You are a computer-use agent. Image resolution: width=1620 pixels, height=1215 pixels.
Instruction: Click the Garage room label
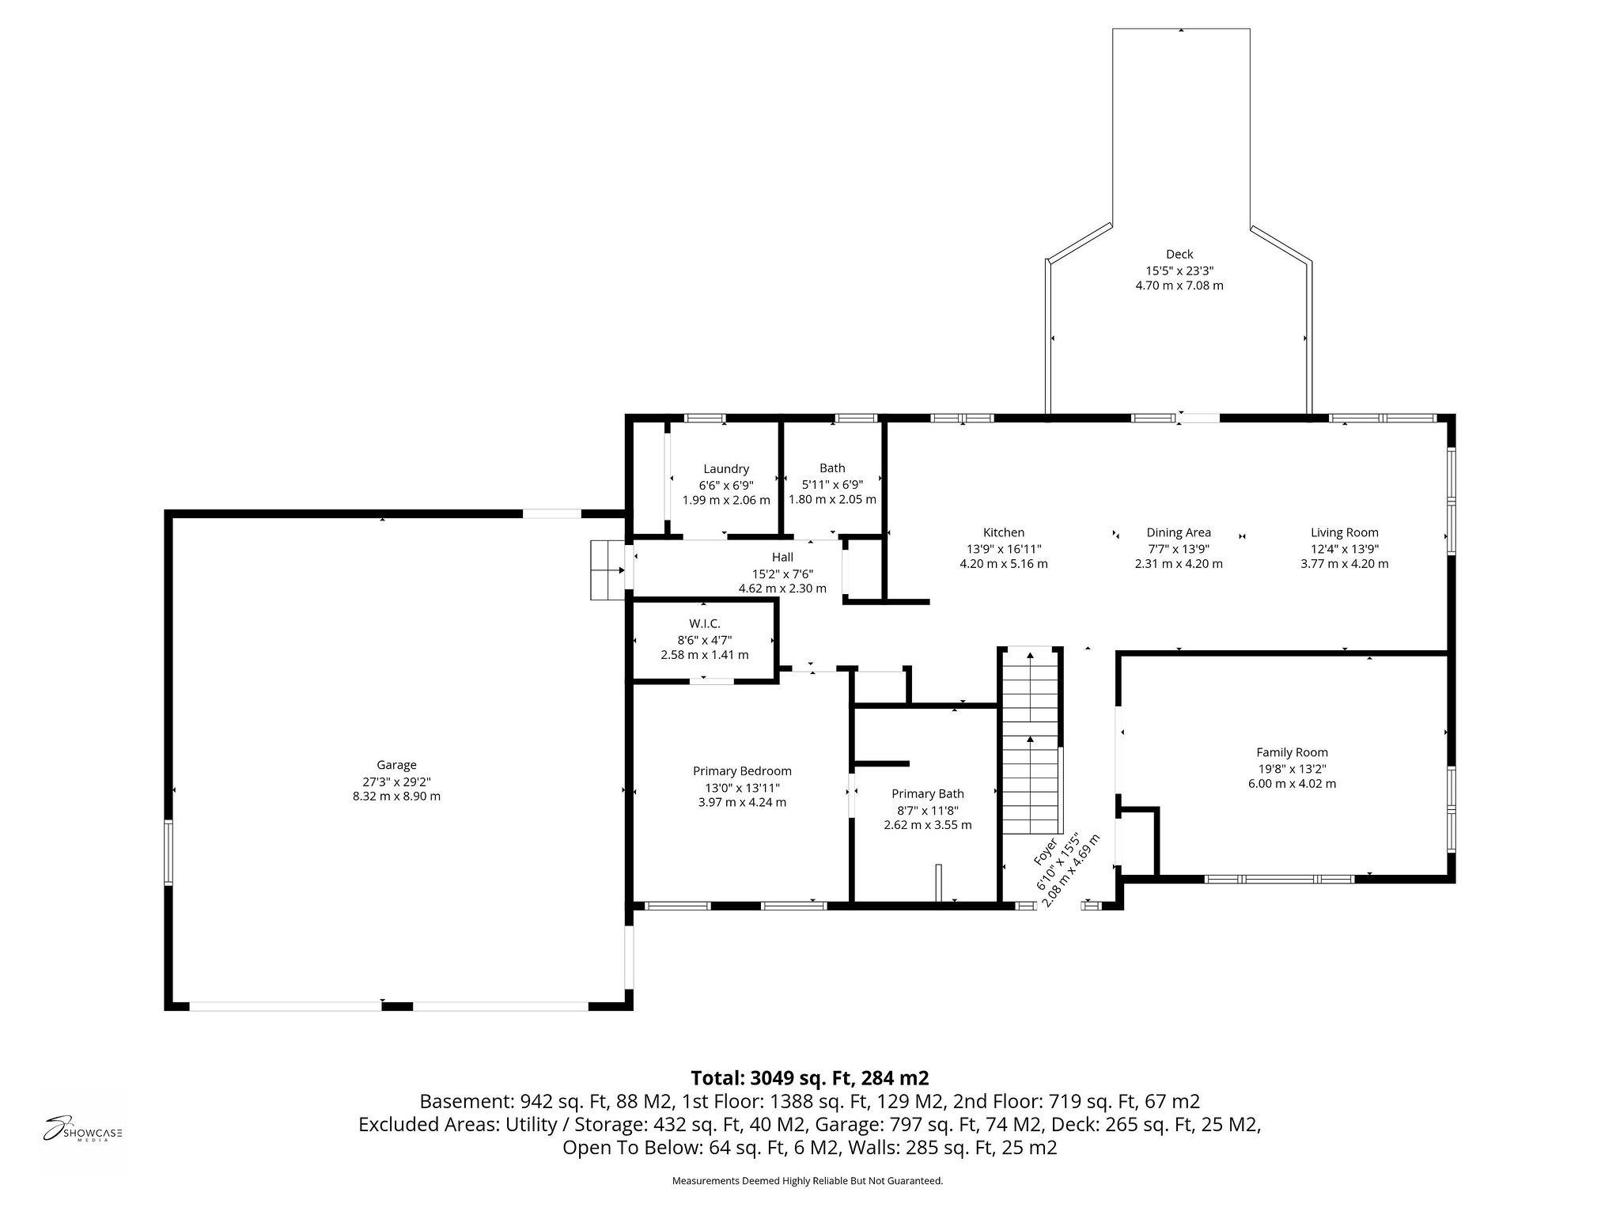(x=396, y=765)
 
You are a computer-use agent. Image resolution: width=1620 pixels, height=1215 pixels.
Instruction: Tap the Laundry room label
(x=726, y=469)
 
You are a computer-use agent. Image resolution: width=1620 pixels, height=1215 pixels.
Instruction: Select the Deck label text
(x=1179, y=254)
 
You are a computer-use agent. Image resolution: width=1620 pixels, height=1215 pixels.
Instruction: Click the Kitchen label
(x=1004, y=532)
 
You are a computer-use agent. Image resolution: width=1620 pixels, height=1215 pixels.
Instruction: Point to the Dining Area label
(x=1179, y=532)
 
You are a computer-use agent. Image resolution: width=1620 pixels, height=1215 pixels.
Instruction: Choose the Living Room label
(x=1345, y=532)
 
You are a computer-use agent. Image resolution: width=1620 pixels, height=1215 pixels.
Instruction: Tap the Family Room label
(x=1293, y=752)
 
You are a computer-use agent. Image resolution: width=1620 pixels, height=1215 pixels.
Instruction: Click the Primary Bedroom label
(x=742, y=771)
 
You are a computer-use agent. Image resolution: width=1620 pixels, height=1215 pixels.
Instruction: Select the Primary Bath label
(x=928, y=793)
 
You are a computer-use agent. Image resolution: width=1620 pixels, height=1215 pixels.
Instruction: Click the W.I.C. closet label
(x=705, y=624)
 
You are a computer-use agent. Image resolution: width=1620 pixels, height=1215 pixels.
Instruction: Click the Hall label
(x=782, y=558)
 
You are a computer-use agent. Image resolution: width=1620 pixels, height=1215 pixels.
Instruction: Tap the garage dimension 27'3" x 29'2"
(x=396, y=781)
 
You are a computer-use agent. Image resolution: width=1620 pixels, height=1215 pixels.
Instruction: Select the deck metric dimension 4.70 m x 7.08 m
(x=1179, y=286)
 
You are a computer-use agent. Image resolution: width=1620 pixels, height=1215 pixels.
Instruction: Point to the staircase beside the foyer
(x=1031, y=741)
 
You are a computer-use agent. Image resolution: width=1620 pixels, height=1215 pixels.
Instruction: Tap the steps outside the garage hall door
(x=607, y=570)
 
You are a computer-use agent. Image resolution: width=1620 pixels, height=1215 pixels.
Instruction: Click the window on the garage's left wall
(x=168, y=852)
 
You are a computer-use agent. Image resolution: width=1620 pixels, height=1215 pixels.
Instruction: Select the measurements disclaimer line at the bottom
(x=808, y=1181)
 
